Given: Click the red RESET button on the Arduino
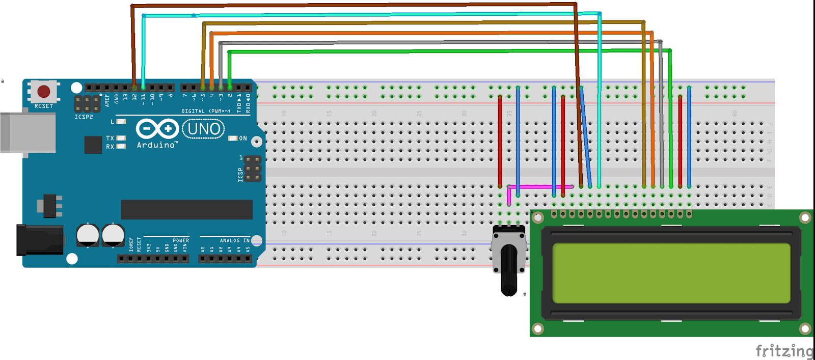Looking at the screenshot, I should (44, 91).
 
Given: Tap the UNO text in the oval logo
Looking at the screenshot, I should (204, 129).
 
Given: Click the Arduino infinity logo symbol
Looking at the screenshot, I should (157, 129).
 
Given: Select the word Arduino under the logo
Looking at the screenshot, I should (156, 145).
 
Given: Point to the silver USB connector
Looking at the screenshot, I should (28, 132).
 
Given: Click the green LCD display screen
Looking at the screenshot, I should (671, 273).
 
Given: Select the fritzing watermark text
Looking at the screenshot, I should (784, 351).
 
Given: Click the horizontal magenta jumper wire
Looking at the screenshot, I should (540, 187).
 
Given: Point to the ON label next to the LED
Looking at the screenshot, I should (243, 139).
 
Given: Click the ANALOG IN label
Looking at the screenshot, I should (234, 240).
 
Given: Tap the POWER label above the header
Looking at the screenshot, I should (180, 240).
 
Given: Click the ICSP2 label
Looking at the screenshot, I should (84, 117).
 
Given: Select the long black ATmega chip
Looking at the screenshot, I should (186, 209).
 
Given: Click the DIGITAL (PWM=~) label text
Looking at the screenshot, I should (206, 111).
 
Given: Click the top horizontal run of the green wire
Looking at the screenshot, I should (448, 51).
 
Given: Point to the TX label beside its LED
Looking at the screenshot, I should (110, 138).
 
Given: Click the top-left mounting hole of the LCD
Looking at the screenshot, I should (537, 218).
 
